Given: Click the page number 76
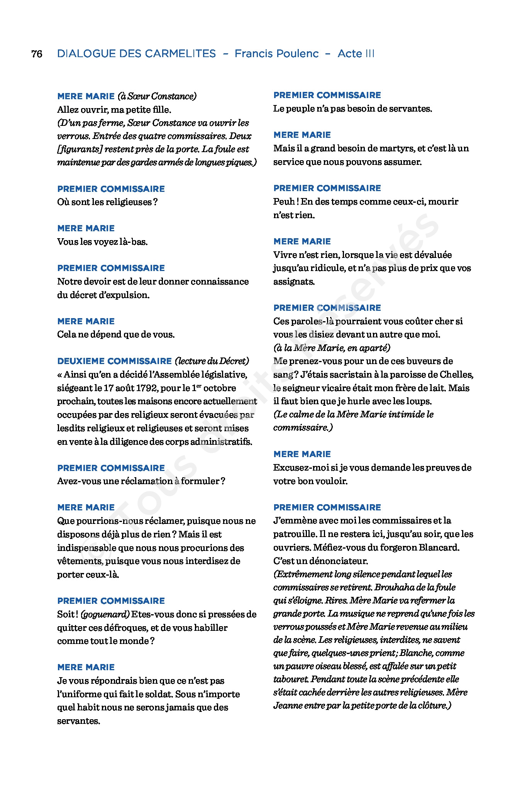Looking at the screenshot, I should pos(37,54).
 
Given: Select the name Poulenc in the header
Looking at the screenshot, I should pos(296,54).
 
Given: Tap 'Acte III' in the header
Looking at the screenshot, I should pos(356,54).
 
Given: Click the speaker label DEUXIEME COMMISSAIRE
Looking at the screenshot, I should pos(114,361).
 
